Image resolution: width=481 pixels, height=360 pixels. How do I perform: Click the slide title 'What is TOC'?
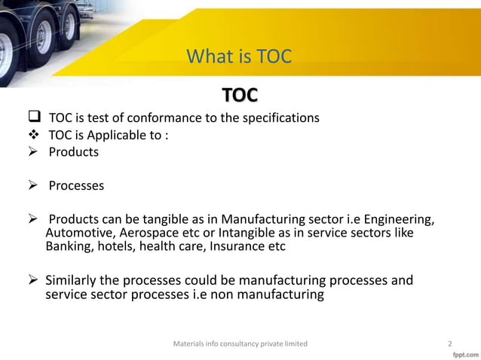(238, 56)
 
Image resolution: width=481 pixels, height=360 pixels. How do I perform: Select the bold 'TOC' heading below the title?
(240, 95)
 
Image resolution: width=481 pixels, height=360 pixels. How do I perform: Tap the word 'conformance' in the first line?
(165, 118)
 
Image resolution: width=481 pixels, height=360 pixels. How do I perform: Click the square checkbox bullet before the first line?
(33, 118)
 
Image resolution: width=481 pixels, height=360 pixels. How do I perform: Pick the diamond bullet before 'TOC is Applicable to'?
(33, 136)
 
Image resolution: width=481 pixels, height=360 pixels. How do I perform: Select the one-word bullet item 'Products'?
(73, 152)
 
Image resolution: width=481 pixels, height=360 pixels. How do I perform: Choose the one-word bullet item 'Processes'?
(76, 185)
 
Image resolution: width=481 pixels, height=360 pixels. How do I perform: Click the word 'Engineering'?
(397, 219)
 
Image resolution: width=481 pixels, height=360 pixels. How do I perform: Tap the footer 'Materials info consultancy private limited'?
(240, 343)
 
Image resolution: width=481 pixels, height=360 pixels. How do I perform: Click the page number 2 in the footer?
(449, 343)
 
